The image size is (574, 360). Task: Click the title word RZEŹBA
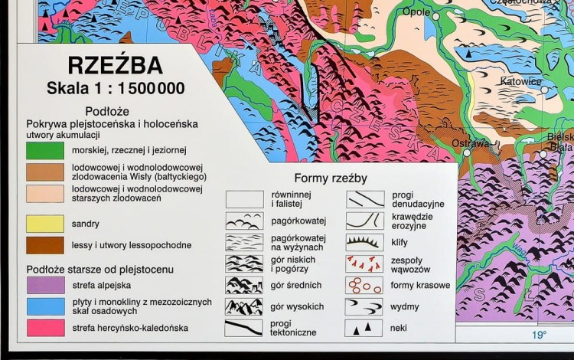pyautogui.click(x=114, y=64)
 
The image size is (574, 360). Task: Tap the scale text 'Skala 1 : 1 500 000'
pyautogui.click(x=116, y=88)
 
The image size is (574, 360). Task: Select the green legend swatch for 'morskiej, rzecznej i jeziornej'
pyautogui.click(x=45, y=150)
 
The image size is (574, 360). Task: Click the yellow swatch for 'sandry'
pyautogui.click(x=45, y=224)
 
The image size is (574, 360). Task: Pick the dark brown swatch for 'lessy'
pyautogui.click(x=45, y=245)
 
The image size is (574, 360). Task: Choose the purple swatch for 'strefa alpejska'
pyautogui.click(x=45, y=285)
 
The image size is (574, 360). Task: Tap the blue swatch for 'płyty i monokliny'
pyautogui.click(x=45, y=306)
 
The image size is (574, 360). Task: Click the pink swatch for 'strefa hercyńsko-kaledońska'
pyautogui.click(x=45, y=328)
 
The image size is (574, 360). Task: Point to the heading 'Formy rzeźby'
pyautogui.click(x=331, y=178)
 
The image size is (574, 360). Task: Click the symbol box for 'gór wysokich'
pyautogui.click(x=244, y=306)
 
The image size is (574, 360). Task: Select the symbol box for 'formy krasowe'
pyautogui.click(x=364, y=285)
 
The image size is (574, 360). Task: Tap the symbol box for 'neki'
pyautogui.click(x=364, y=328)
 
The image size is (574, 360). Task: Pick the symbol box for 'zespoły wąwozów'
pyautogui.click(x=364, y=264)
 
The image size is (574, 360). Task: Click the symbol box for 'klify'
pyautogui.click(x=364, y=242)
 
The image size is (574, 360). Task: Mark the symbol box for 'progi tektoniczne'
pyautogui.click(x=244, y=328)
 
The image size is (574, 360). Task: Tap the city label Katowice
pyautogui.click(x=520, y=81)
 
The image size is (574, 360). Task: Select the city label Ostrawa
pyautogui.click(x=470, y=143)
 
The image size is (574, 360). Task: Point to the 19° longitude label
pyautogui.click(x=540, y=335)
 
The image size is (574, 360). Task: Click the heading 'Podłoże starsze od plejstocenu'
pyautogui.click(x=100, y=269)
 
